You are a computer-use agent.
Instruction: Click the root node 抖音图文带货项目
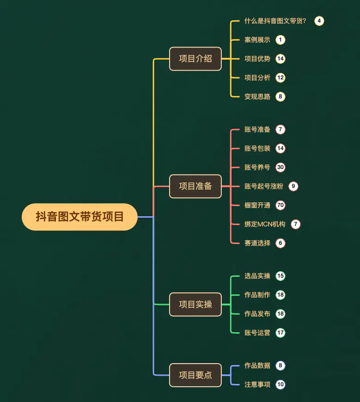coord(79,217)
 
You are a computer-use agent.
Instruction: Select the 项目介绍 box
coord(195,59)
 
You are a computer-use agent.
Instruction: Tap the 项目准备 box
coord(195,186)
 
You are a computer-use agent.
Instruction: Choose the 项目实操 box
coord(195,305)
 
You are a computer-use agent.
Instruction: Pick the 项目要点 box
coord(195,375)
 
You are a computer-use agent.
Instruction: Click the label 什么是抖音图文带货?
coord(275,21)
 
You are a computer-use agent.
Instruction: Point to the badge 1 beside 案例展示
coord(281,40)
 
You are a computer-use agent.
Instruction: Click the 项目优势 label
coord(257,59)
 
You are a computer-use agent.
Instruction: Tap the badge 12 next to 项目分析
coord(281,78)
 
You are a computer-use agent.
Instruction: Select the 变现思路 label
coord(257,97)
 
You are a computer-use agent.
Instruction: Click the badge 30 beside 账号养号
coord(281,167)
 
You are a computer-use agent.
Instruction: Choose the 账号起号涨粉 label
coord(264,186)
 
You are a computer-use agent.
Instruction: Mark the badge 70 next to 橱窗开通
coord(281,205)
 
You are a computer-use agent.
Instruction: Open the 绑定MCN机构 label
coord(265,224)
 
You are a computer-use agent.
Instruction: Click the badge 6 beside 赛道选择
coord(281,243)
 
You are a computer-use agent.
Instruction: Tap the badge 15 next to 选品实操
coord(281,276)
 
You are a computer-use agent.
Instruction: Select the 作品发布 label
coord(257,314)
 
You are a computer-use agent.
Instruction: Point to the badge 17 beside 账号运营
coord(281,333)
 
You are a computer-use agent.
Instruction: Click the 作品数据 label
coord(257,365)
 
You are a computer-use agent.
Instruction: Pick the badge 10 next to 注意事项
coord(281,384)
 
